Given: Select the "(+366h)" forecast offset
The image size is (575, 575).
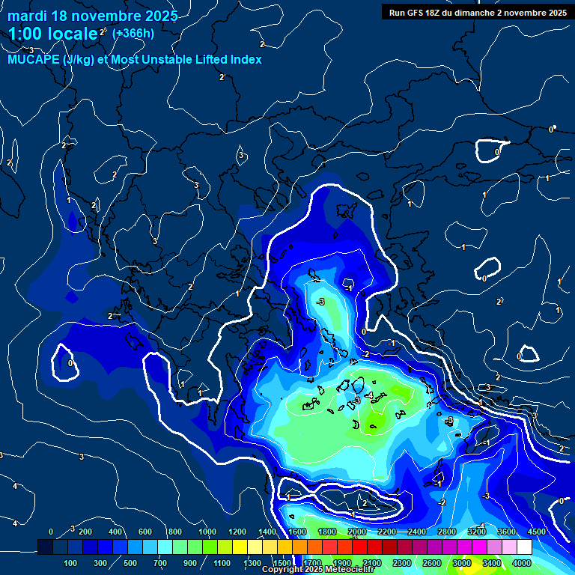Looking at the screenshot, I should (133, 33).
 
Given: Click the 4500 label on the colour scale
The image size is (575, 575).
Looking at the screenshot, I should (536, 532).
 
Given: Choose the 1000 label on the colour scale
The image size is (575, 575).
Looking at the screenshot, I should (207, 532).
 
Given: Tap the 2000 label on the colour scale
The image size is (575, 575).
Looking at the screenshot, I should (357, 532).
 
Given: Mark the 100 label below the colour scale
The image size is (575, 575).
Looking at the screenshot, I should (72, 563).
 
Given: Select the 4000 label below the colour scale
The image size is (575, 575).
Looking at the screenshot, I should (522, 563).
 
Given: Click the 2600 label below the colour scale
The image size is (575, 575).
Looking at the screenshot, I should (432, 563).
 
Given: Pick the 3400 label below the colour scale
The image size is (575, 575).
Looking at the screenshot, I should (492, 563).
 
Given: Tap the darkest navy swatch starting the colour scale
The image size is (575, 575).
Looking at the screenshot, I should (45, 547).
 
